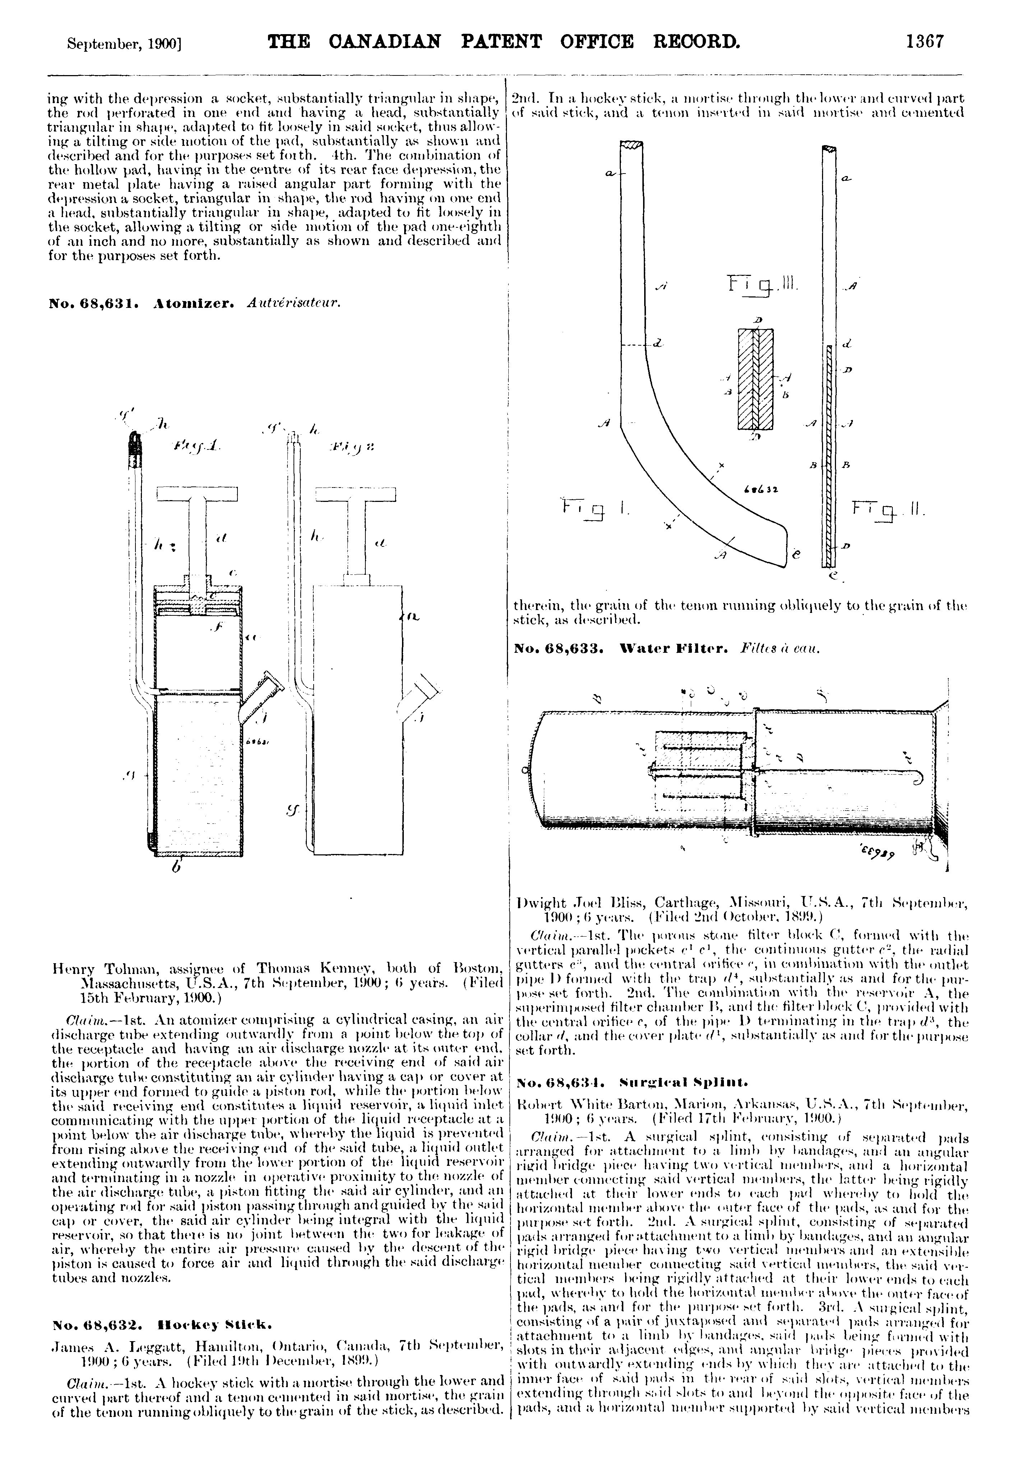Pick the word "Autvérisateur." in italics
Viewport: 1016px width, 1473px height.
[293, 304]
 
